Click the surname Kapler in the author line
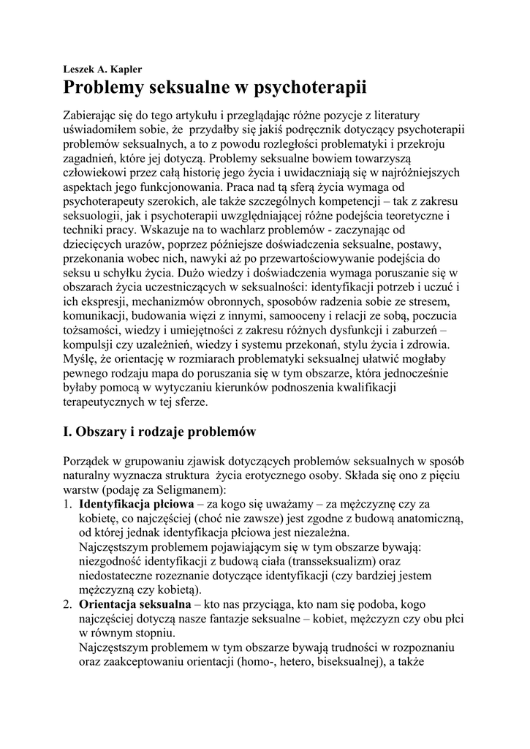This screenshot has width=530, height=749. pos(124,69)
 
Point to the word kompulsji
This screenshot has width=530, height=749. pos(91,345)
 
